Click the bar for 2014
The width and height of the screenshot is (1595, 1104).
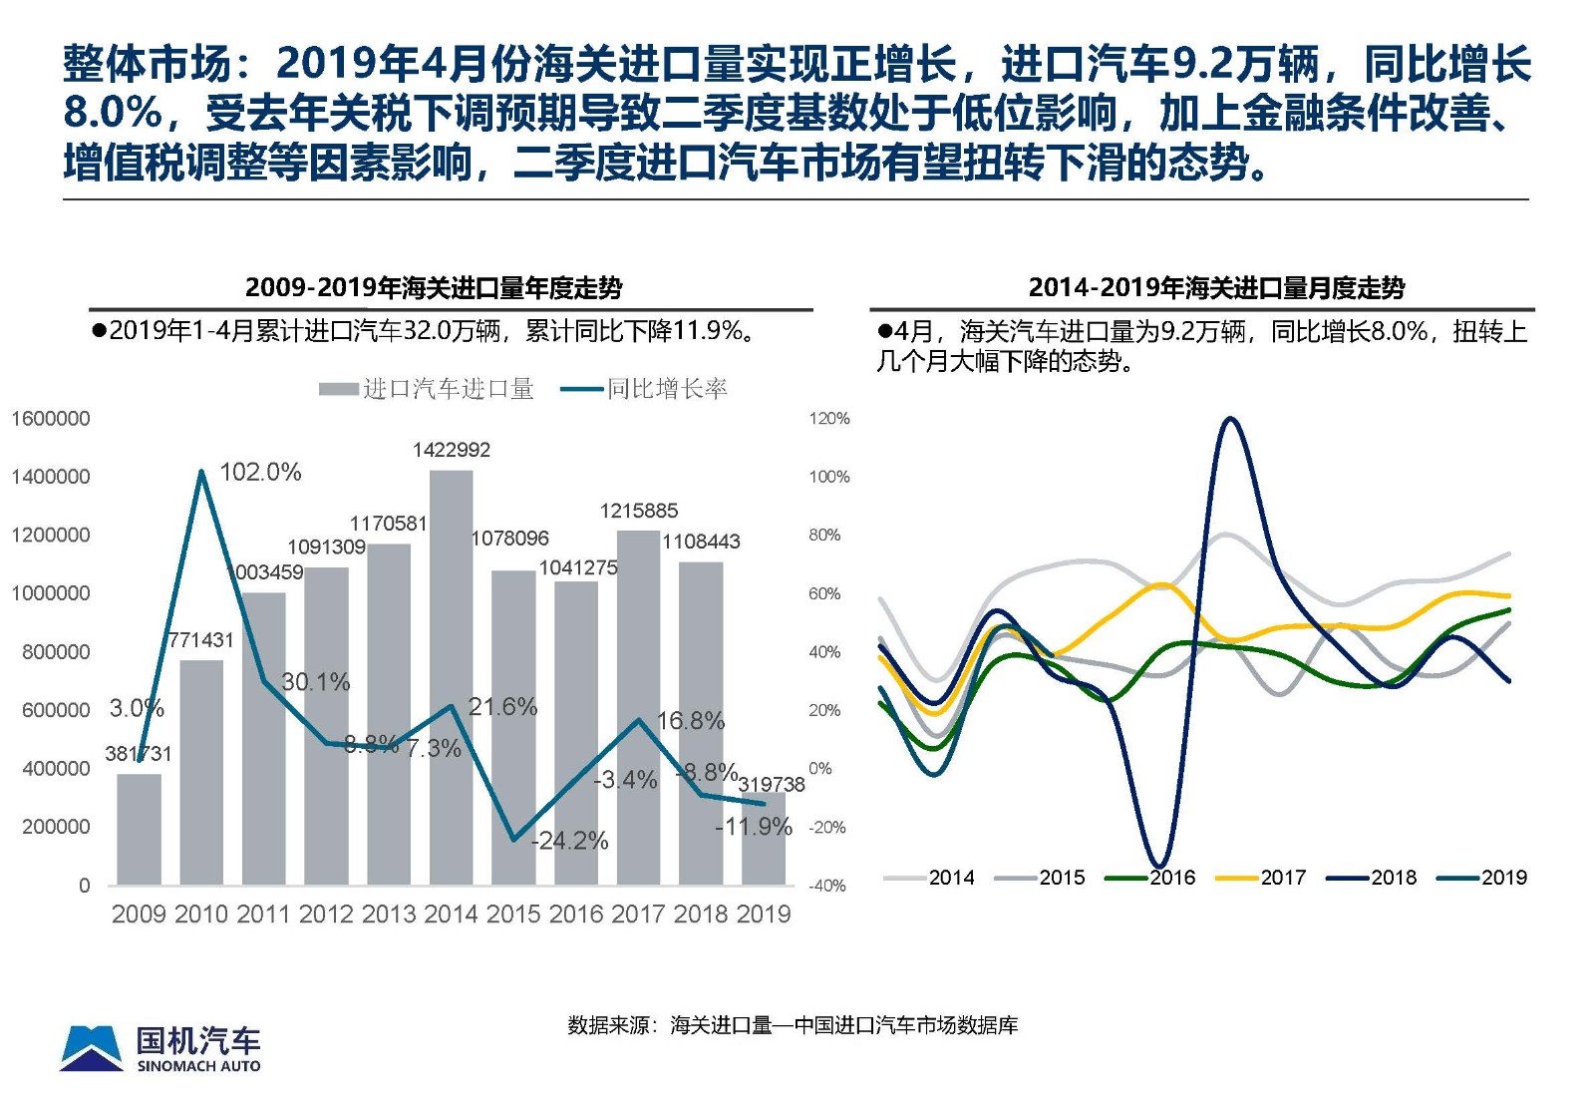[451, 678]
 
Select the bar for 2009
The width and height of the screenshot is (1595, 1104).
[139, 829]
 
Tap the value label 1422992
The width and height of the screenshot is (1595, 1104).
[452, 450]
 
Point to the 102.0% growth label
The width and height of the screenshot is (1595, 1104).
[259, 472]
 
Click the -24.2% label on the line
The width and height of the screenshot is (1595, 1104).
[570, 841]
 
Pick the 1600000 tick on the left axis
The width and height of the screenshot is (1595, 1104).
[50, 419]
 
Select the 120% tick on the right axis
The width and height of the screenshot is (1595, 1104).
[828, 419]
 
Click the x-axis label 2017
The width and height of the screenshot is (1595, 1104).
[638, 914]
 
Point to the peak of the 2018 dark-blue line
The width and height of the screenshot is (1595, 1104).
[1231, 419]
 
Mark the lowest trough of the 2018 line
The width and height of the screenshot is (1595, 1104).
[1158, 865]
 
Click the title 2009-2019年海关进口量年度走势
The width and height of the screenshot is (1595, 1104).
[434, 288]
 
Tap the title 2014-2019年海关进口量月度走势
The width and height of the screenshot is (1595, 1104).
[1216, 288]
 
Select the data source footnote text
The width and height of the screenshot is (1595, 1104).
[793, 1025]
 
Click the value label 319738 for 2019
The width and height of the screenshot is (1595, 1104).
[771, 785]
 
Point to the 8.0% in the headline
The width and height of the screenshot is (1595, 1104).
[112, 112]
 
